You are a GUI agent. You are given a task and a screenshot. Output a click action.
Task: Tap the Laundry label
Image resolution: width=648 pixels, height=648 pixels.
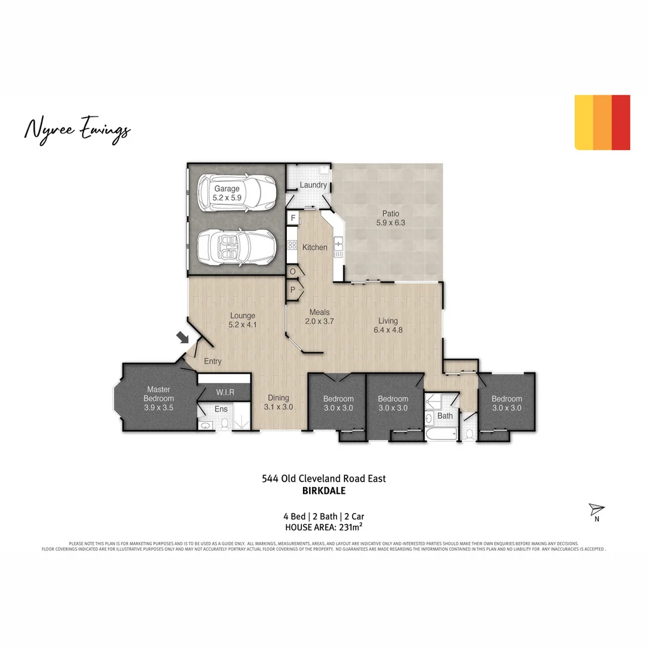point(313,185)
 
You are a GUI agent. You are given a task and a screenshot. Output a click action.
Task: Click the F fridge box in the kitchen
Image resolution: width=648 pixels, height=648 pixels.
point(293,217)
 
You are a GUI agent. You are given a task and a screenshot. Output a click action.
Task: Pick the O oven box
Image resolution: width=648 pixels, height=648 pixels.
point(293,272)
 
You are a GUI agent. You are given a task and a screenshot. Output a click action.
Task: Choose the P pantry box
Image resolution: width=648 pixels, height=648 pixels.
point(293,290)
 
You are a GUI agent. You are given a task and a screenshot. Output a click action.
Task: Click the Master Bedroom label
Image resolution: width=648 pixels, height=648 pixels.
point(158,398)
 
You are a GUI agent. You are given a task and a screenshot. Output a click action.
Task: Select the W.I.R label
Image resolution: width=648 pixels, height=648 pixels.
point(225,392)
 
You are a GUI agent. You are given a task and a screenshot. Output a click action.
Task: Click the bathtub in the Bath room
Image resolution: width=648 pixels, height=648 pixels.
point(440,433)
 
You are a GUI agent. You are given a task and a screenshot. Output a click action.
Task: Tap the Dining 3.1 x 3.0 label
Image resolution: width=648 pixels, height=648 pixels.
point(278,402)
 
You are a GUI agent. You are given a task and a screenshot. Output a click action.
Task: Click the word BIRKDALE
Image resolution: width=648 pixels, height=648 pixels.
point(324,490)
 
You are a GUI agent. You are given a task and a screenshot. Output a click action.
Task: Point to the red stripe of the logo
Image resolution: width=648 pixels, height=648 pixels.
point(621,122)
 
